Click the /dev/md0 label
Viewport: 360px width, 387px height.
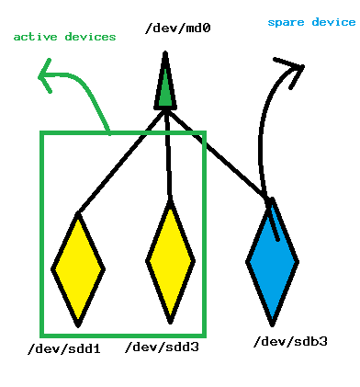click(x=178, y=28)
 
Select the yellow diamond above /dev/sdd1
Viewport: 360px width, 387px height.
click(x=78, y=268)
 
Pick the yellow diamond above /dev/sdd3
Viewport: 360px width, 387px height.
click(x=171, y=262)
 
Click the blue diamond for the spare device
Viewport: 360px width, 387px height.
click(x=272, y=261)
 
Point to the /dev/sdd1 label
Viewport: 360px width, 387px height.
click(x=64, y=348)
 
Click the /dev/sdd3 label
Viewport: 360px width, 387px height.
click(x=163, y=347)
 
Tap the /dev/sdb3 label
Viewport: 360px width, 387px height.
click(x=289, y=341)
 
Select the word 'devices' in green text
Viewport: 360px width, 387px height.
click(x=91, y=37)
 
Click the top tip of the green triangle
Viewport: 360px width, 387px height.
click(x=165, y=54)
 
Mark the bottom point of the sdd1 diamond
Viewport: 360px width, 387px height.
click(x=79, y=324)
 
